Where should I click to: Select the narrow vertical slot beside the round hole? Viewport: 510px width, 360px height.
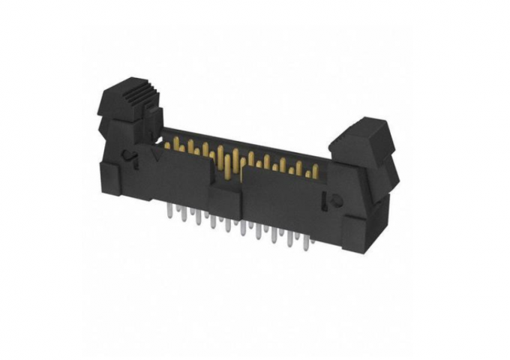click(325, 201)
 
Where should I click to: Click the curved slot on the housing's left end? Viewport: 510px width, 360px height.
click(130, 158)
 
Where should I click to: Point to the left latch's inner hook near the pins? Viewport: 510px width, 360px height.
click(154, 120)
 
